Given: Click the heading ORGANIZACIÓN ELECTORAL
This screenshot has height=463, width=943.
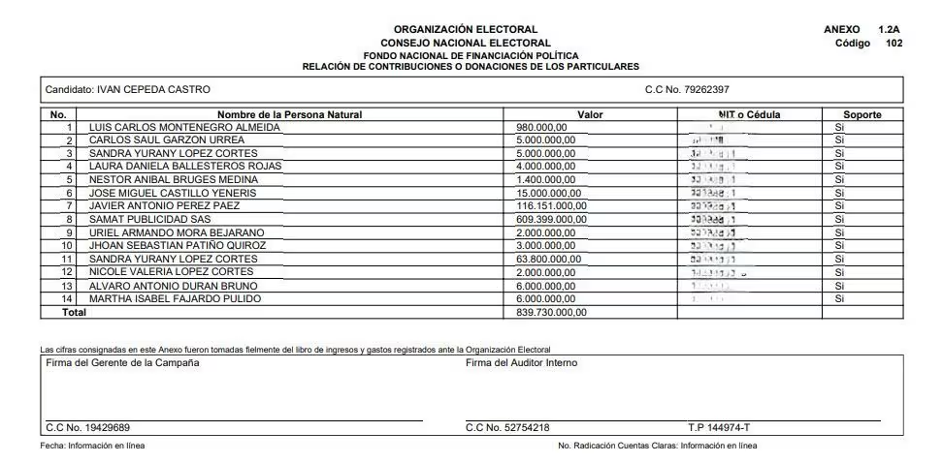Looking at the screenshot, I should click(x=466, y=30).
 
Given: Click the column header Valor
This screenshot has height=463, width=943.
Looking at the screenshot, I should click(x=590, y=114).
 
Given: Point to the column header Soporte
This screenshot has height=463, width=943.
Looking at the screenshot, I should click(x=862, y=114).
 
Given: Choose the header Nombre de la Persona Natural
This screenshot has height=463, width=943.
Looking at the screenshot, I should click(x=289, y=114).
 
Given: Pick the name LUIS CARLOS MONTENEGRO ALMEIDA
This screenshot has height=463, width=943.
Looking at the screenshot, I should click(x=184, y=127).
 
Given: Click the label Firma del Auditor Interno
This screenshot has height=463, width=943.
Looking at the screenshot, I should click(x=521, y=363).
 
